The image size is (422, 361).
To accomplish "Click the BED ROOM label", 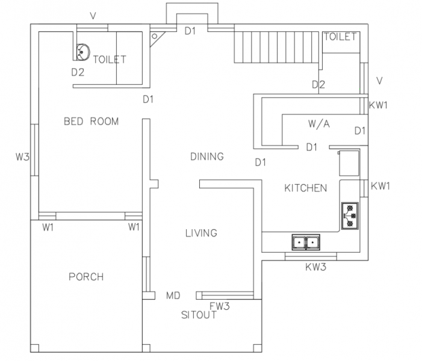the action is click(x=92, y=122).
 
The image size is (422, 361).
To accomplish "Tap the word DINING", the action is click(x=207, y=156).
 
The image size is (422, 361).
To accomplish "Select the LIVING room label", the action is click(x=201, y=233).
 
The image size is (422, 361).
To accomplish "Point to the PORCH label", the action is click(x=86, y=277).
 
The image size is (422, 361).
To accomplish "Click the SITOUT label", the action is click(x=199, y=315).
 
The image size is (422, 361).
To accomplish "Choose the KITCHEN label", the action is click(x=306, y=188).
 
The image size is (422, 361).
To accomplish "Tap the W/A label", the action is click(x=319, y=124).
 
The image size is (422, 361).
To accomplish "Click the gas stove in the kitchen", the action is click(x=350, y=216).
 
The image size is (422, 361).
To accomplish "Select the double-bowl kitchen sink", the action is click(x=306, y=242).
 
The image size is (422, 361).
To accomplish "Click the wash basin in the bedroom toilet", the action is click(x=83, y=52).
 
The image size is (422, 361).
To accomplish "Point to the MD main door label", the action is click(x=173, y=295).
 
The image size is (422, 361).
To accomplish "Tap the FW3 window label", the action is click(x=220, y=306).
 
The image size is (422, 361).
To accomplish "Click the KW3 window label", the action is click(x=315, y=267).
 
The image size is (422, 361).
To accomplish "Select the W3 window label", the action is click(x=22, y=156).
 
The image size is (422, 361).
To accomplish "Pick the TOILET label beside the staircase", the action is click(x=340, y=37).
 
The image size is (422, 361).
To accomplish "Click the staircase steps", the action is click(x=276, y=48).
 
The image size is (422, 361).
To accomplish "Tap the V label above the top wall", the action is click(x=93, y=16).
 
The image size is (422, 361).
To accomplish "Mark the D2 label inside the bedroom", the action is click(x=78, y=72).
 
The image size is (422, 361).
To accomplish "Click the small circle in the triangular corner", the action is click(x=155, y=36).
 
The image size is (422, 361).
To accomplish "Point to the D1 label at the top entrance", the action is click(x=190, y=31).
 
